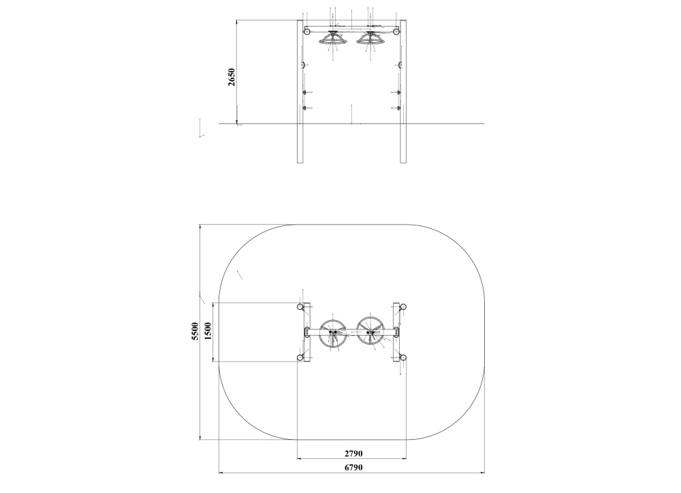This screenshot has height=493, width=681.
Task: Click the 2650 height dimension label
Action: [232, 77]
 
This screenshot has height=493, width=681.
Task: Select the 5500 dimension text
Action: [195, 332]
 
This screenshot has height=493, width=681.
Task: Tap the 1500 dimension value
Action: [208, 332]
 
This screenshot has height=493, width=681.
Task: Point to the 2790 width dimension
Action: [352, 453]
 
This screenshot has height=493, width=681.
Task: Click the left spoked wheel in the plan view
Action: [333, 332]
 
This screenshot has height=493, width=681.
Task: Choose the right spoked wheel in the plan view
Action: [372, 332]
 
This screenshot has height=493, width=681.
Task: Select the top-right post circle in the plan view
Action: [403, 307]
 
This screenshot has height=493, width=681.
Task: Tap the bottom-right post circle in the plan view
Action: [403, 357]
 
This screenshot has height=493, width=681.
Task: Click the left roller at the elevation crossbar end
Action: [307, 31]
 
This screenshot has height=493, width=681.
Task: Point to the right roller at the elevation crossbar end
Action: [396, 31]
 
